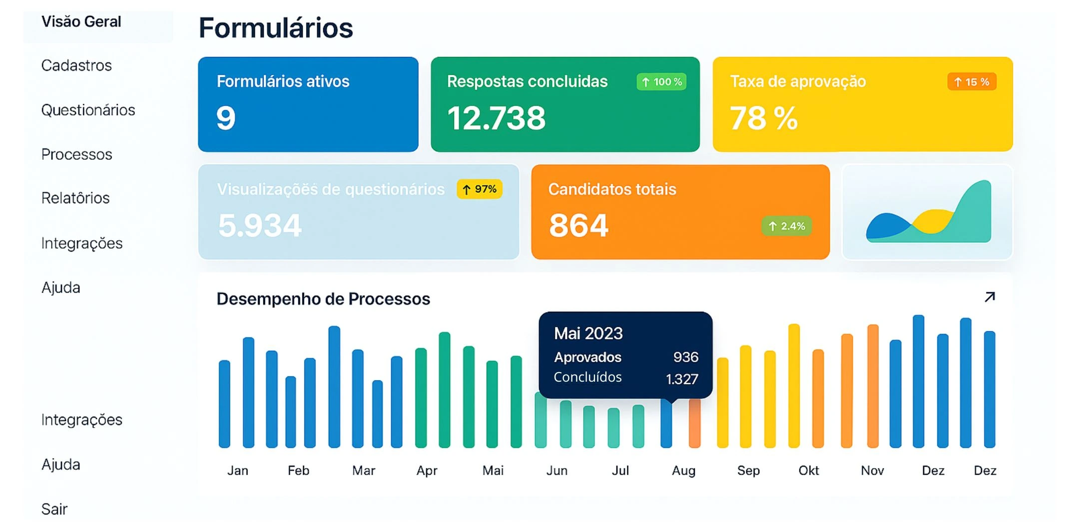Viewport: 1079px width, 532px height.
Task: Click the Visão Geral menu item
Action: coord(81,22)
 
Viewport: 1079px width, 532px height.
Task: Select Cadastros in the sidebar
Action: coord(76,65)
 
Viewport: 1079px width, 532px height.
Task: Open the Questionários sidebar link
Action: coord(88,110)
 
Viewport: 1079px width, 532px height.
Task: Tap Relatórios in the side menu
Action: coord(75,198)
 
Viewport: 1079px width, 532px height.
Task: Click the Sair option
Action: coord(54,509)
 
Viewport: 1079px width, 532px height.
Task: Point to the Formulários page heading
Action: coord(276,28)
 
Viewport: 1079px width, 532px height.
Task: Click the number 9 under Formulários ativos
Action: coord(226,118)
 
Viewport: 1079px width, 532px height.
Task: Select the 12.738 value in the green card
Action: coord(496,118)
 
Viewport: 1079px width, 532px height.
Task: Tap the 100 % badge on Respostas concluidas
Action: coord(661,82)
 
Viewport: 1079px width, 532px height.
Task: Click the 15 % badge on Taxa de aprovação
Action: coord(972,82)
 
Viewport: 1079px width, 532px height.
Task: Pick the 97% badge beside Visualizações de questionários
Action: coord(480,189)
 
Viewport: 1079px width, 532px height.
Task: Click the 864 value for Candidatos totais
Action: coord(578,225)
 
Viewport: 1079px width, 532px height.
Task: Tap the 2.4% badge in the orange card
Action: coord(787,226)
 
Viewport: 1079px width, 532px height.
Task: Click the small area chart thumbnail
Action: coord(928,212)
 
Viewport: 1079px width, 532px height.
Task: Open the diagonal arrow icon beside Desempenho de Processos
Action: coord(990,297)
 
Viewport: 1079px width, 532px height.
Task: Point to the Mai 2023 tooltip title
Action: coord(588,333)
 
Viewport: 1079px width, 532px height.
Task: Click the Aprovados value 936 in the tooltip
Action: coord(685,357)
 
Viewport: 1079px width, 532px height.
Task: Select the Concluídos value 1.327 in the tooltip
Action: coord(682,379)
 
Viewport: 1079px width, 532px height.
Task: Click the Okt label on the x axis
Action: coord(808,471)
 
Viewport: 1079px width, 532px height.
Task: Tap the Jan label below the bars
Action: coord(238,471)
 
